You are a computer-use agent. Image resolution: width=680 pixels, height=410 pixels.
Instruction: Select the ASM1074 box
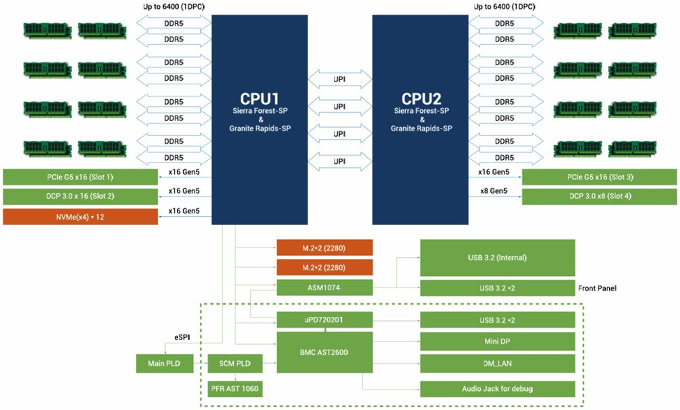pyautogui.click(x=325, y=288)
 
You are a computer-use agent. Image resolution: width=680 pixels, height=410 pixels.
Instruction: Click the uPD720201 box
pyautogui.click(x=325, y=320)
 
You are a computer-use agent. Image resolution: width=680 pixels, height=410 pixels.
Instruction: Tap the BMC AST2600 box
pyautogui.click(x=325, y=352)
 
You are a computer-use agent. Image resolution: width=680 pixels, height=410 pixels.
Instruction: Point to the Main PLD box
pyautogui.click(x=163, y=363)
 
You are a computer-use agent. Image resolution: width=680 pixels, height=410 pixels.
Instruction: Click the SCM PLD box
pyautogui.click(x=234, y=363)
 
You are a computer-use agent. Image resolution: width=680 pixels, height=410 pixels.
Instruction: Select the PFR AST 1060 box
pyautogui.click(x=234, y=390)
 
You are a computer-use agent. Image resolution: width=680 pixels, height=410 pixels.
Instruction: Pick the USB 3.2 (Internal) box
pyautogui.click(x=498, y=257)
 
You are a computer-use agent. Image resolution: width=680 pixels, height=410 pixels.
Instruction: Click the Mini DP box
pyautogui.click(x=498, y=340)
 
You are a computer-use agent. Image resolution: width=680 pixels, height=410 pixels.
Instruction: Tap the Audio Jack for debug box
pyautogui.click(x=498, y=389)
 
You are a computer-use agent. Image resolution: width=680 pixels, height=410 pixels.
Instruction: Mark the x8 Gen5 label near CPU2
pyautogui.click(x=493, y=191)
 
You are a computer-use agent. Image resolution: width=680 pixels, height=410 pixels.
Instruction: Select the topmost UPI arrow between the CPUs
pyautogui.click(x=340, y=79)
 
